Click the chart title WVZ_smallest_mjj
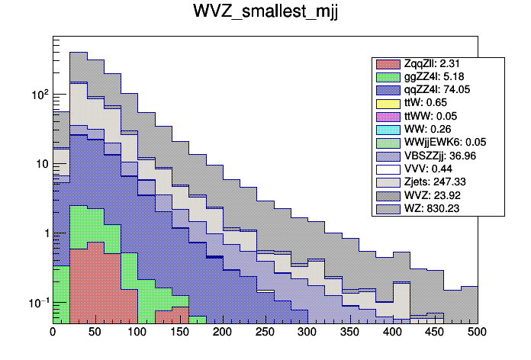(265, 15)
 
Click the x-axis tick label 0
(53, 333)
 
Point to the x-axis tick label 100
(137, 333)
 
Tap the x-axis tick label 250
(265, 333)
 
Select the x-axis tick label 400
(392, 333)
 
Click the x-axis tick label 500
(477, 333)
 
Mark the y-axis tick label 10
(41, 164)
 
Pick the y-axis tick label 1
(44, 233)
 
